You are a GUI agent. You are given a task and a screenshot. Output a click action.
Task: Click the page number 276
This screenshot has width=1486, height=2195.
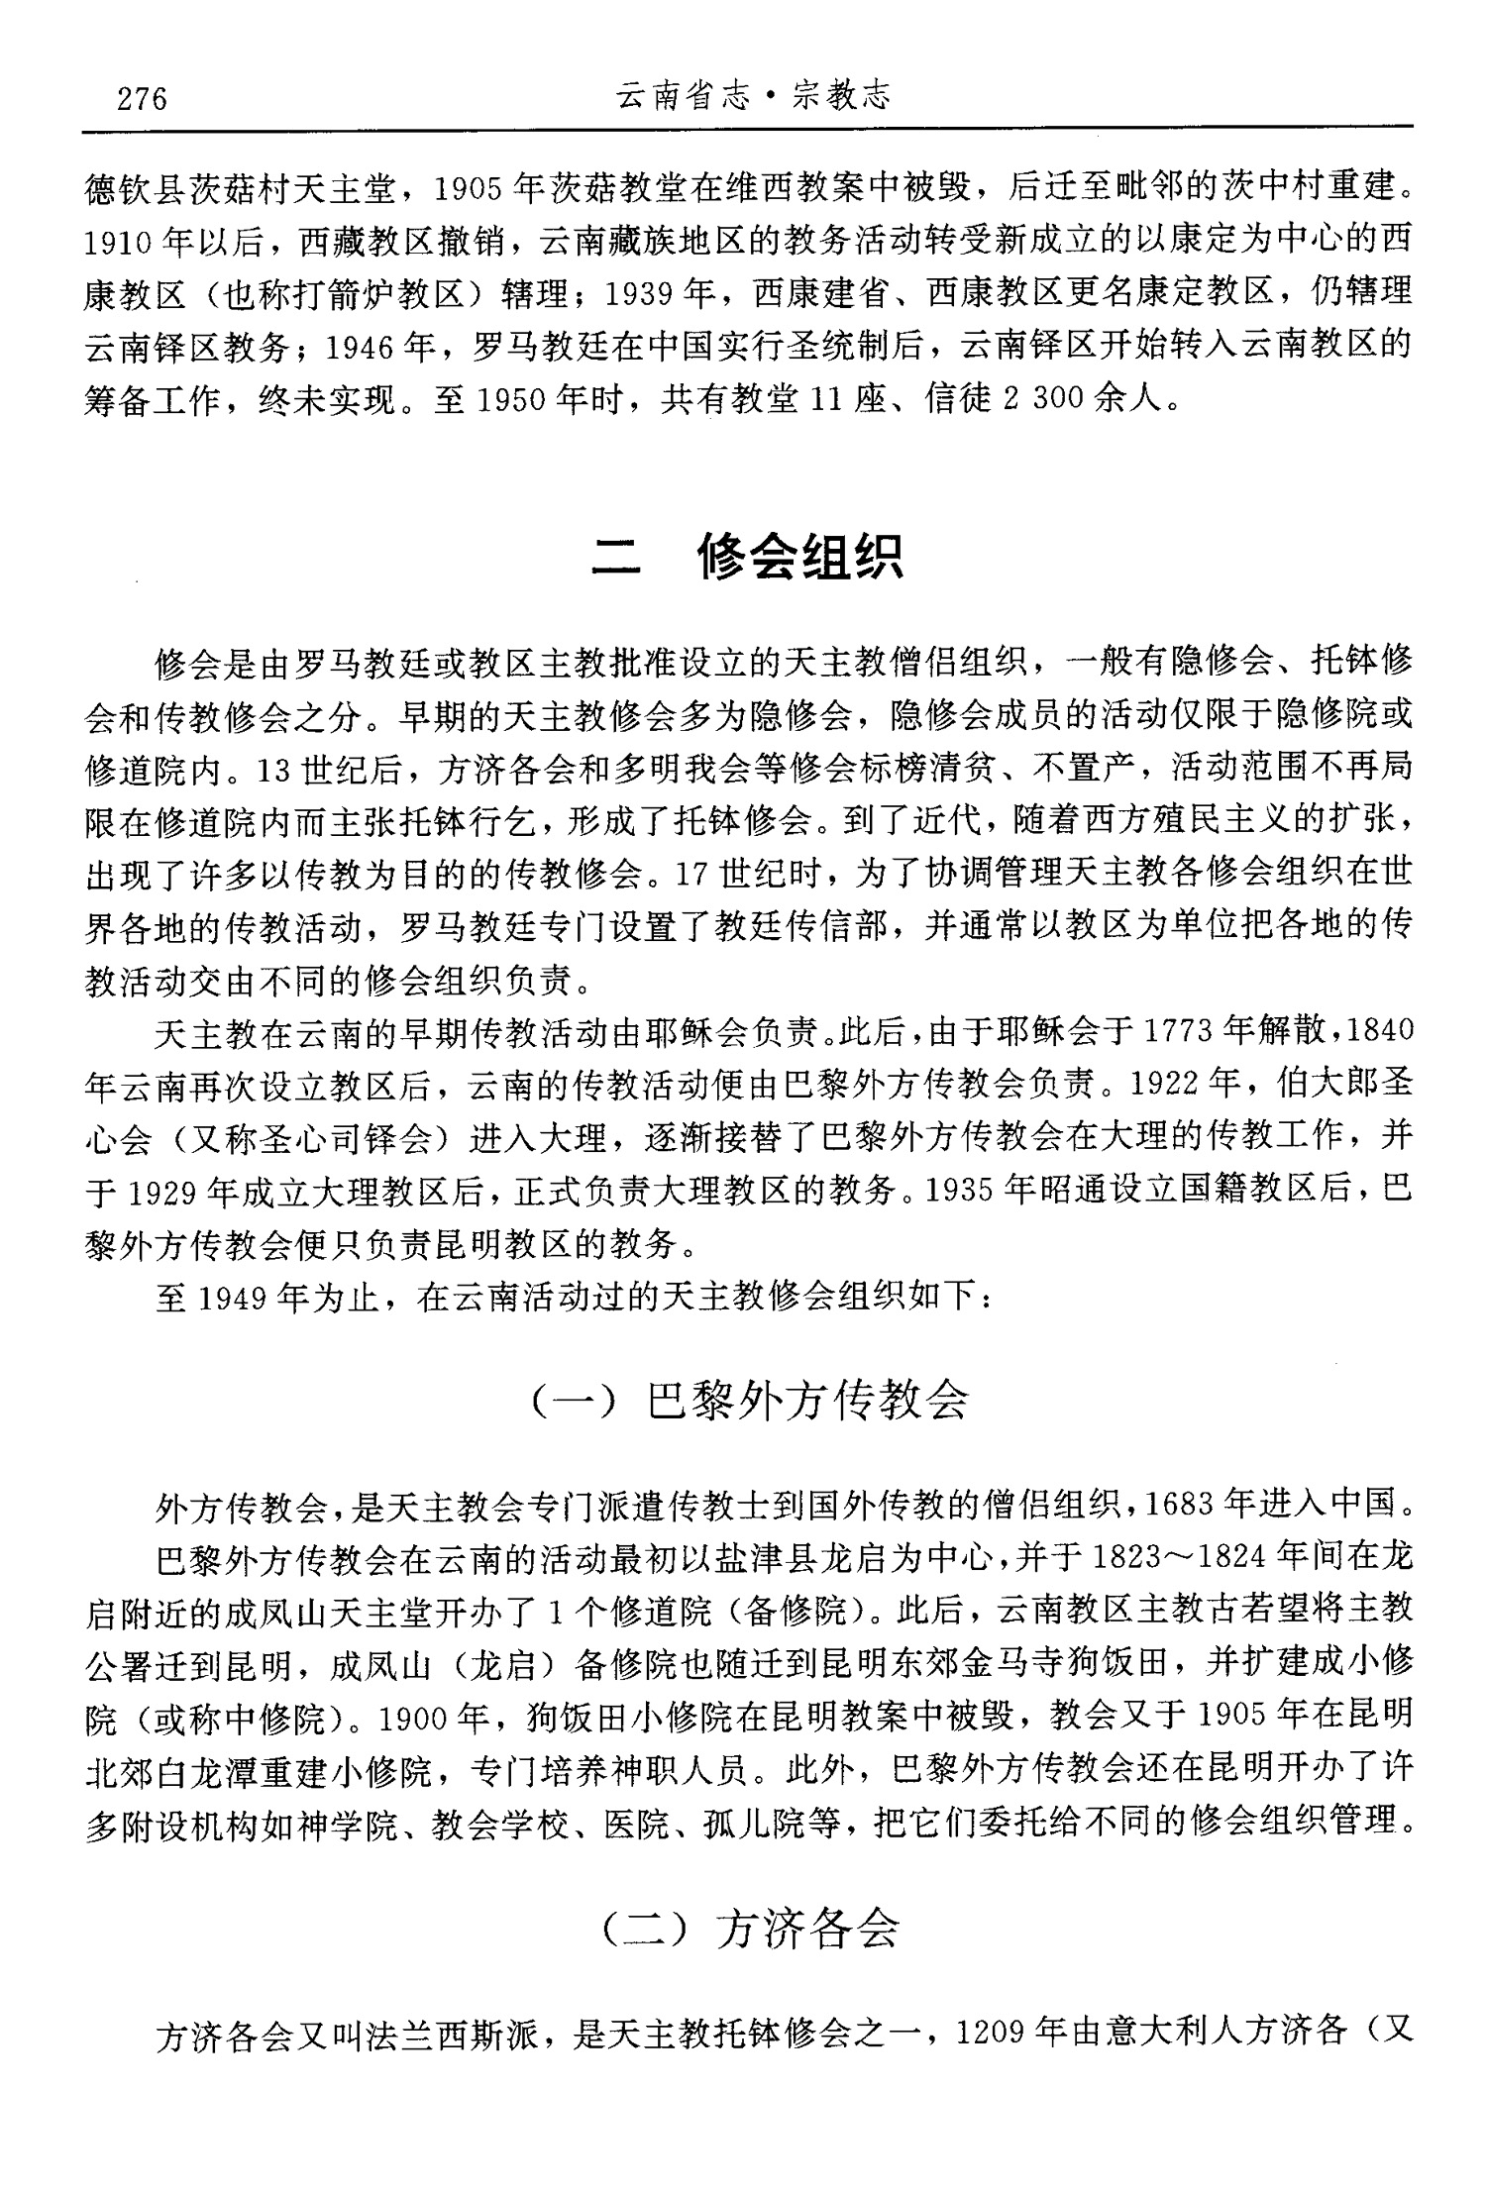(x=142, y=99)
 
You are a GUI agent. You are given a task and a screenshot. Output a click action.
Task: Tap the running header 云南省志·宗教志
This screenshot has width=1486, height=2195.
(x=754, y=96)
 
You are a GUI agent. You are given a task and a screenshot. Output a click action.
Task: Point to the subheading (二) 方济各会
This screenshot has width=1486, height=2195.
(x=750, y=1926)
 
